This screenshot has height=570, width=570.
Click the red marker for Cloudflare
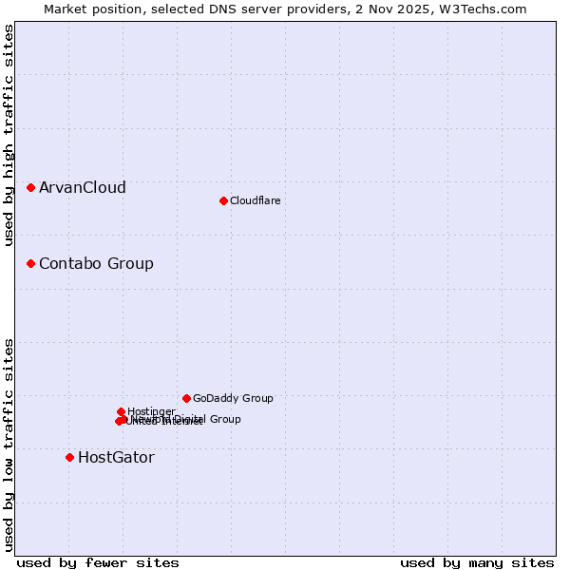tap(223, 200)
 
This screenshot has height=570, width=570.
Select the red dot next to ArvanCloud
tap(31, 188)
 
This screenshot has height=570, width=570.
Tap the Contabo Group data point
tap(31, 263)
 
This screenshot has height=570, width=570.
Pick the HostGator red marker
tap(69, 457)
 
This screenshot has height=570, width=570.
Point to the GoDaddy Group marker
tap(186, 398)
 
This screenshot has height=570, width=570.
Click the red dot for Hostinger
tap(121, 411)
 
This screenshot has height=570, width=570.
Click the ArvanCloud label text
tap(83, 188)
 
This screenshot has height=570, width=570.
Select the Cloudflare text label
tap(256, 200)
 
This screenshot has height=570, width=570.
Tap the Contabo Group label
tap(96, 263)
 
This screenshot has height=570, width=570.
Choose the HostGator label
tap(116, 457)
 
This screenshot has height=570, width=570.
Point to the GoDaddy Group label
tap(233, 398)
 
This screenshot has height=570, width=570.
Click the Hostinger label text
tap(151, 411)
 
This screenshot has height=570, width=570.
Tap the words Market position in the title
tap(93, 9)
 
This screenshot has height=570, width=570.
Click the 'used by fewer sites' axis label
tap(98, 562)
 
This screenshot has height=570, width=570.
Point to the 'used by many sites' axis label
tap(477, 562)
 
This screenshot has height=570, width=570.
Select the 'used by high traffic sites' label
tap(9, 136)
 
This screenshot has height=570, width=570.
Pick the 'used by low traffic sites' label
tap(9, 444)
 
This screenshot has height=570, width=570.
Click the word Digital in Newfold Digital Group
tap(187, 419)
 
